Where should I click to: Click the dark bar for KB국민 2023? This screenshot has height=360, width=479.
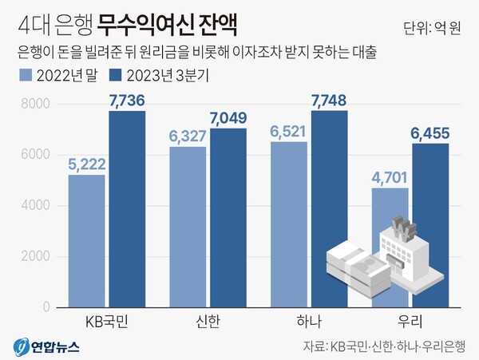127,209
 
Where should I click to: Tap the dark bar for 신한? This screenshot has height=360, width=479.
228,218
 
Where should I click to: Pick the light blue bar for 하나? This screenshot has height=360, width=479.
289,224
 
